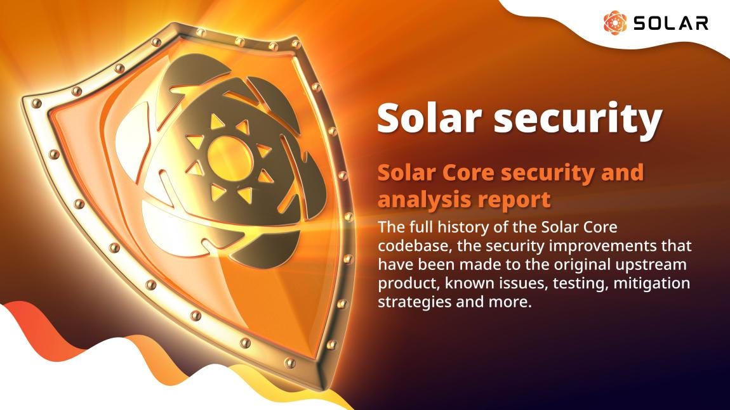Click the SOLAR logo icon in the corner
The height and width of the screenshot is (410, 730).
click(x=614, y=23)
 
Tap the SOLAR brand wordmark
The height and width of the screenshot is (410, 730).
click(x=670, y=23)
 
